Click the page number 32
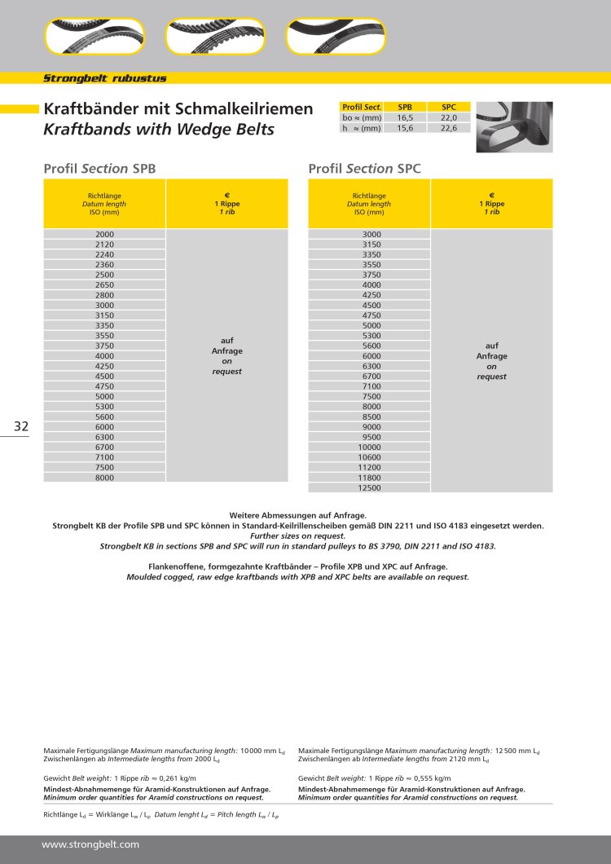coord(21,426)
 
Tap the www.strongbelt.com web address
coord(90,844)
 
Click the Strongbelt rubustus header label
coord(104,78)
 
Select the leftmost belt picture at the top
coord(94,36)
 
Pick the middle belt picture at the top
coord(215,36)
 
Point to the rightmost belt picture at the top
coord(336,36)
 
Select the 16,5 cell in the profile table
coord(405,117)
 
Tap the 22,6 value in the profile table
coord(449,128)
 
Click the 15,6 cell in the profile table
coord(405,128)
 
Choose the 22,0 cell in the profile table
coord(449,117)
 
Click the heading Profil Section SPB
coord(99,169)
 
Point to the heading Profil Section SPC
coord(364,169)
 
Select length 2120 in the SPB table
coord(104,244)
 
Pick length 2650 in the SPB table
coord(104,284)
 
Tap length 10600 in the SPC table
coord(369,457)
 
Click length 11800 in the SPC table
coord(369,478)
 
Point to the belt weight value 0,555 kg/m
coord(432,778)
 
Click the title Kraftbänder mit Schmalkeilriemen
coord(178,108)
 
